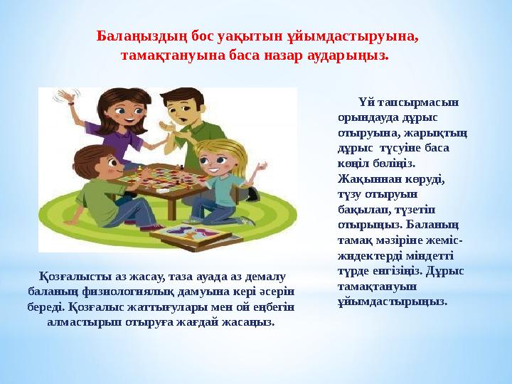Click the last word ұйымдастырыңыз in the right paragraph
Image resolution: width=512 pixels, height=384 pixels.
coord(393,302)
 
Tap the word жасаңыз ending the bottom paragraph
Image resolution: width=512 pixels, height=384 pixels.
coord(253,321)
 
